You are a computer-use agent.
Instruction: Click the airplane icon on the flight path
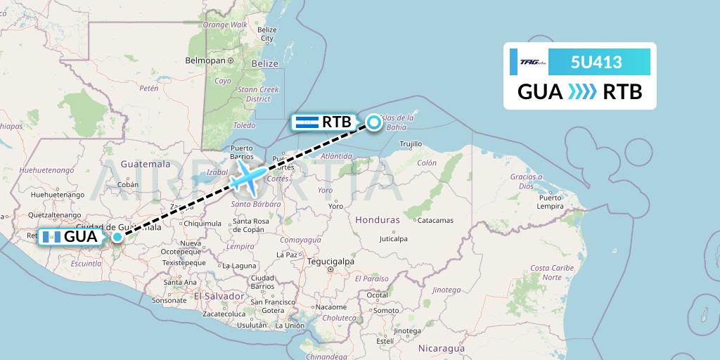[246, 177]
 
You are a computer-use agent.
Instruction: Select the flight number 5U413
[596, 62]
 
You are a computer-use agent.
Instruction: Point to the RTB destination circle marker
[374, 123]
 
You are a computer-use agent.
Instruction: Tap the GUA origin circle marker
[117, 237]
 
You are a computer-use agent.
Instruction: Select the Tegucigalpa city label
[329, 262]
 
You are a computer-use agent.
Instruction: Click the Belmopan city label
[204, 61]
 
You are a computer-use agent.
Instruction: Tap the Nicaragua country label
[441, 348]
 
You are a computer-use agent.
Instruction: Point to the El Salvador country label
[219, 296]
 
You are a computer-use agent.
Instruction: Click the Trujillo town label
[411, 143]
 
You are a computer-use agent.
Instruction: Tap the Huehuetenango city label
[46, 169]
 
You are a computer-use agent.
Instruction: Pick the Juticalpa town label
[393, 239]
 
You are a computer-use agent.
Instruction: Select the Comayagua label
[300, 240]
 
